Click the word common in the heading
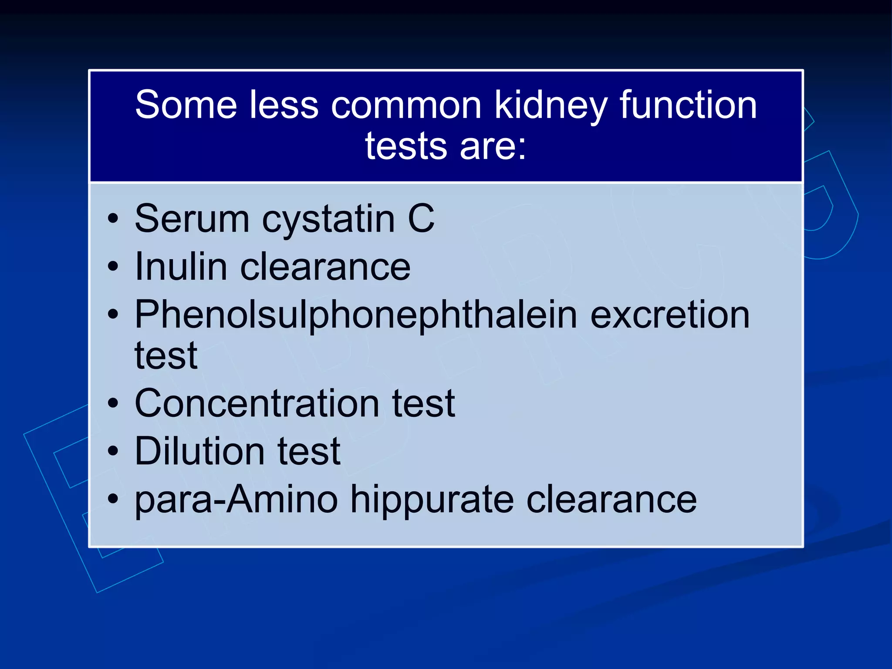tap(406, 106)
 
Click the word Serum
tap(192, 219)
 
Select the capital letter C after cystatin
tap(421, 219)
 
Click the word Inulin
tap(181, 267)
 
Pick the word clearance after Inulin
tap(325, 267)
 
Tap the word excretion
tap(670, 315)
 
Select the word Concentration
tap(257, 404)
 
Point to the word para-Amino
tap(236, 500)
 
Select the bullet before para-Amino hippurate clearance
tap(113, 499)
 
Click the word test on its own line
tap(166, 356)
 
